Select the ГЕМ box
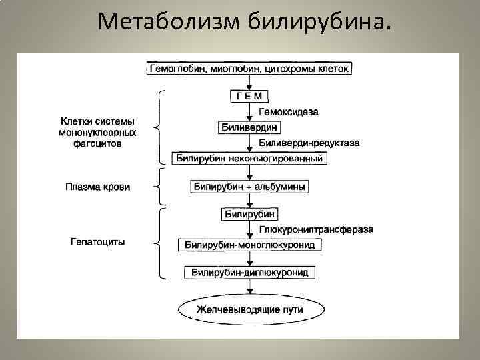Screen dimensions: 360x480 click(x=249, y=97)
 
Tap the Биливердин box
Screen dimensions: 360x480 click(x=249, y=127)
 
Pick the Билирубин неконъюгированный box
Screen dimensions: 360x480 click(x=249, y=159)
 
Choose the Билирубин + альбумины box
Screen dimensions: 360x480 click(x=249, y=187)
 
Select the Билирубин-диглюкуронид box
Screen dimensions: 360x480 click(x=250, y=273)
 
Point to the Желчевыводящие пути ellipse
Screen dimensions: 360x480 click(x=249, y=310)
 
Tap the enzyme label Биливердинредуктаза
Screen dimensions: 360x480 click(x=309, y=143)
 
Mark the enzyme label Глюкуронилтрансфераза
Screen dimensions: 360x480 click(x=316, y=230)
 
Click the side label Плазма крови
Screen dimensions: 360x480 click(x=97, y=187)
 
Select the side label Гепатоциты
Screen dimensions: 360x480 click(x=97, y=241)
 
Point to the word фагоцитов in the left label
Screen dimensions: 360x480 click(x=97, y=143)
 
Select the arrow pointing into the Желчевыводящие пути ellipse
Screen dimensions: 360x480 click(x=250, y=288)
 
